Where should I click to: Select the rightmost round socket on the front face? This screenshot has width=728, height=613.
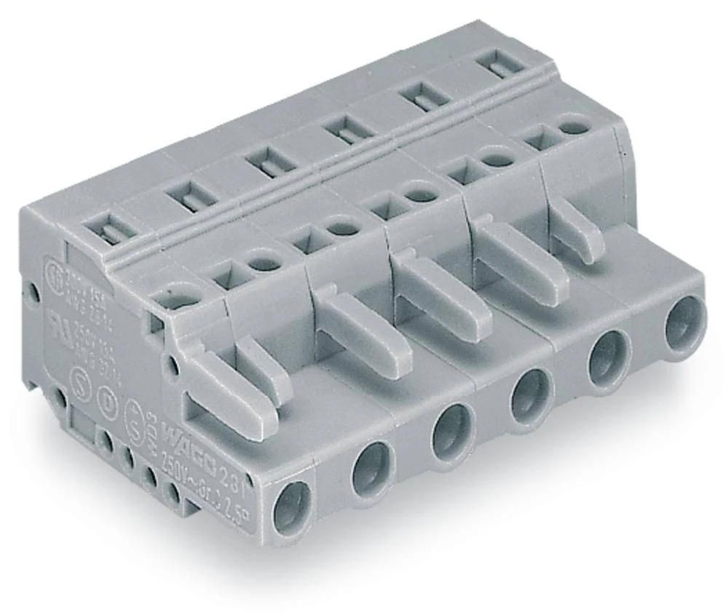[685, 324]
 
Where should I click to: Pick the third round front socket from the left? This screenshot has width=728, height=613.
[452, 433]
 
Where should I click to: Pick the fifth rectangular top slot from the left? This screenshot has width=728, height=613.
[420, 97]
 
